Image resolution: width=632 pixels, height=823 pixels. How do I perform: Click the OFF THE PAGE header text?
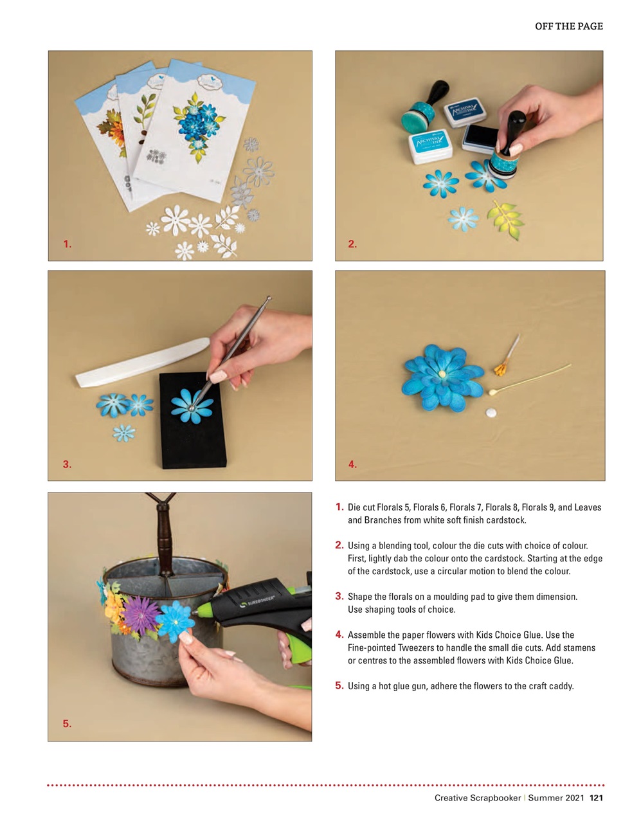tap(568, 26)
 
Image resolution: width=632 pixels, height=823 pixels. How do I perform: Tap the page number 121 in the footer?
tap(596, 798)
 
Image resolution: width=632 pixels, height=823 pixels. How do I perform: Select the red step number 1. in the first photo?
tap(68, 244)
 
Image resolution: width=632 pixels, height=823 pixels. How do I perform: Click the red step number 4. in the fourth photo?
tap(352, 464)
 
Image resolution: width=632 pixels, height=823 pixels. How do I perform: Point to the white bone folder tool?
tap(141, 363)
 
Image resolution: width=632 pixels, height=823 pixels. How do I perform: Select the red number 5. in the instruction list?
tap(339, 685)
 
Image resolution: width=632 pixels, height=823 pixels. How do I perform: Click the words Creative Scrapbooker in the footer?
tap(477, 798)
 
